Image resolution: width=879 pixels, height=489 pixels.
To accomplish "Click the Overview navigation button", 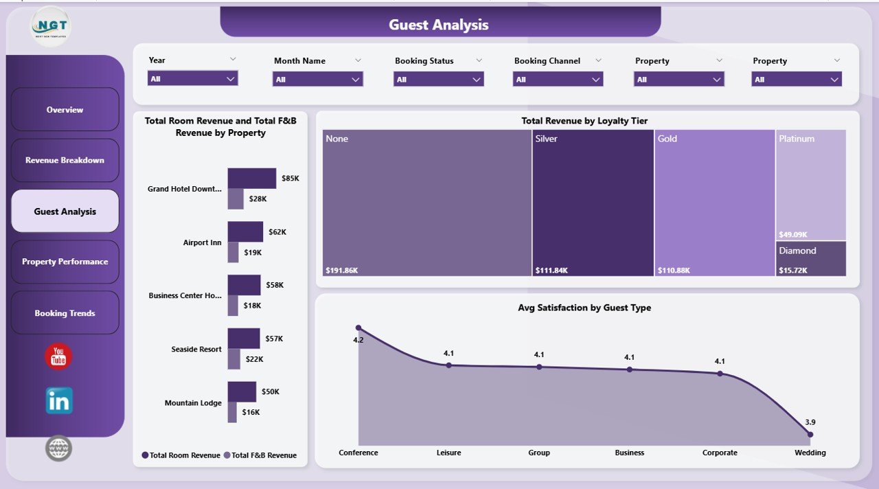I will tap(65, 110).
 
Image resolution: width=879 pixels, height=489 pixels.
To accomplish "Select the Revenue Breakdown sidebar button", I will tap(65, 161).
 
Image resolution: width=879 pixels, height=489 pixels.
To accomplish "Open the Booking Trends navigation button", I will tap(65, 313).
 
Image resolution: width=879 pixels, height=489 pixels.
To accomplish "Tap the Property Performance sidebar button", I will tap(65, 262).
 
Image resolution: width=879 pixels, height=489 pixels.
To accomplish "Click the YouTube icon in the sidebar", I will tap(58, 357).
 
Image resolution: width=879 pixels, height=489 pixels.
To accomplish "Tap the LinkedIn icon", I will tap(59, 401).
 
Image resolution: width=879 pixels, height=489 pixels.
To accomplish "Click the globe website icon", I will tap(58, 448).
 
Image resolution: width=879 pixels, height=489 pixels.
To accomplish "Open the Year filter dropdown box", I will tap(192, 79).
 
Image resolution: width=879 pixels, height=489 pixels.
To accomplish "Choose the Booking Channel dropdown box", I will tap(558, 80).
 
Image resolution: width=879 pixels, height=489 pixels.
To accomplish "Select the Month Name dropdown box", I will tap(317, 80).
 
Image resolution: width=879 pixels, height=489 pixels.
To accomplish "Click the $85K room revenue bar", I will tap(251, 178).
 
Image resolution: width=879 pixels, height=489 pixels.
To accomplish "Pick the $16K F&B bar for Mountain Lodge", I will tap(232, 412).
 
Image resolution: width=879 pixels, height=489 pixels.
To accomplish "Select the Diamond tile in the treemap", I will tap(811, 258).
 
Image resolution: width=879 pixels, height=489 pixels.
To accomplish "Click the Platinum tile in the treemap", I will tap(811, 184).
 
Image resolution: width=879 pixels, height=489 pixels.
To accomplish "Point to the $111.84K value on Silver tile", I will tap(551, 271).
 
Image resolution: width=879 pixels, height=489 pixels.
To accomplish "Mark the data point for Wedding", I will tap(810, 434).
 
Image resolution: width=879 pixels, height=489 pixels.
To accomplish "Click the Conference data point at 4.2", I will tap(358, 328).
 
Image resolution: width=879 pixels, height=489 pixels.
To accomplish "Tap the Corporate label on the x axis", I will tap(720, 453).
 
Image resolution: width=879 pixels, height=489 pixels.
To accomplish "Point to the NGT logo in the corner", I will tap(50, 26).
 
